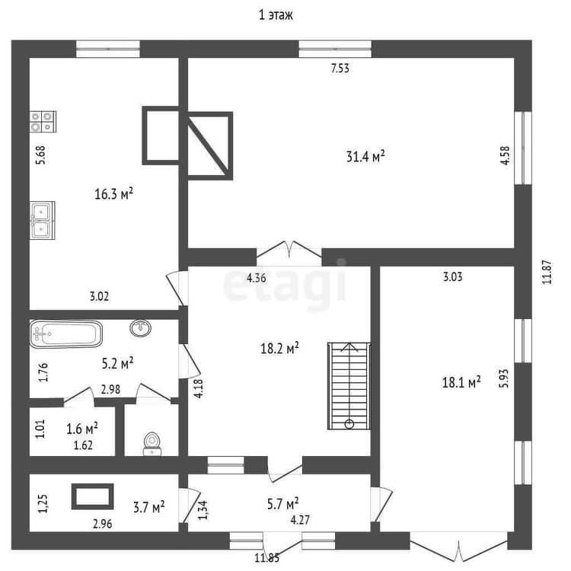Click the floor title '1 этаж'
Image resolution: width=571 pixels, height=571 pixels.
pos(276,15)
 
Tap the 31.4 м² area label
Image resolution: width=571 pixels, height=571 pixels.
pos(365,157)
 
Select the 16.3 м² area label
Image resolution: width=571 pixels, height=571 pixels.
pos(113,193)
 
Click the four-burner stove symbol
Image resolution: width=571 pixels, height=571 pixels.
pos(43,122)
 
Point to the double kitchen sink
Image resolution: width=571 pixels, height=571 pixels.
pos(43,220)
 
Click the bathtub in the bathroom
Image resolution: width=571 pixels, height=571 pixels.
pos(66,333)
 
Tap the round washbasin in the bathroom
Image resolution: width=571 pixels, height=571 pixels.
pos(140,327)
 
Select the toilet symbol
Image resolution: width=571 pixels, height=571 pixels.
pos(152,443)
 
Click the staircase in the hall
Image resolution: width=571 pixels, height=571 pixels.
pos(349,386)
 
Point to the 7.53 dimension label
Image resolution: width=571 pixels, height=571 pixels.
pos(340,69)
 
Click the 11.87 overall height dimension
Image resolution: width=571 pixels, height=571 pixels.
pos(547,272)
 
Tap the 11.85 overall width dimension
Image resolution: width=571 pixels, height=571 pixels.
pos(267,558)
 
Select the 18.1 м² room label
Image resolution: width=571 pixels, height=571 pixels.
pos(461,382)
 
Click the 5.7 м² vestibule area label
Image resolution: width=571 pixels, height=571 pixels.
pos(283,504)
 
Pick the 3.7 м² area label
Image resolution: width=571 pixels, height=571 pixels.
pos(148,506)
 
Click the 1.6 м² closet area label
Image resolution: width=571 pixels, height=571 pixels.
pos(82,429)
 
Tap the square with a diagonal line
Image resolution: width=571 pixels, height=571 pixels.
pos(210,146)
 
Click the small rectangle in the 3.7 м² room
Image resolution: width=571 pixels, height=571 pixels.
pos(92,496)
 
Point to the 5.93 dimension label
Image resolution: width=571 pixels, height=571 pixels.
pos(504,378)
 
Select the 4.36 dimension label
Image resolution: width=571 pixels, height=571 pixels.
pos(257,278)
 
